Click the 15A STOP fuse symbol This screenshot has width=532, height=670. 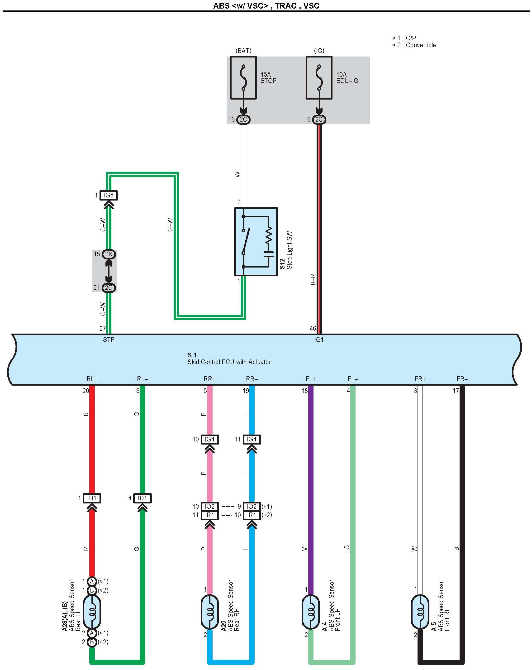pos(243,78)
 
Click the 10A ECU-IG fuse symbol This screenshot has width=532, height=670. pos(319,78)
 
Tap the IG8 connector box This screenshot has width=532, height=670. pos(109,195)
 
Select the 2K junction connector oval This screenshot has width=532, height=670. pos(109,254)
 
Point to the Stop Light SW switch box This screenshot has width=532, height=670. pos(256,242)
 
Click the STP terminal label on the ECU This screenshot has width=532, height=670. pos(109,340)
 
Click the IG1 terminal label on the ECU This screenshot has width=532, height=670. pos(319,340)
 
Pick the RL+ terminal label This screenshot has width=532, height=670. pos(92,379)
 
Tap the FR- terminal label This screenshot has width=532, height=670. pos(462,379)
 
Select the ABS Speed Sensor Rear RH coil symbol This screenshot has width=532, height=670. pos(210,612)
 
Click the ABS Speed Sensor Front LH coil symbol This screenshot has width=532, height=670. pos(311,612)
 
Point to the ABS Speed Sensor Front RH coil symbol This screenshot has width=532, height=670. pos(420,612)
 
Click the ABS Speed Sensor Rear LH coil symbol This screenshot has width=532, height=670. pos(92,612)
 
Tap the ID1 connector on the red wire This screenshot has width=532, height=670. pos(92,498)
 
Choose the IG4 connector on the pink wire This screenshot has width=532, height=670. pos(210,439)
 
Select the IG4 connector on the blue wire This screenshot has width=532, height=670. pos(252,439)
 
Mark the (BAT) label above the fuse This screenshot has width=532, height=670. pos(243,51)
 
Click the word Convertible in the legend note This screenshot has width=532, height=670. pos(421,45)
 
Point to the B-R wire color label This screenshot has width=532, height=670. pos(313,279)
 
